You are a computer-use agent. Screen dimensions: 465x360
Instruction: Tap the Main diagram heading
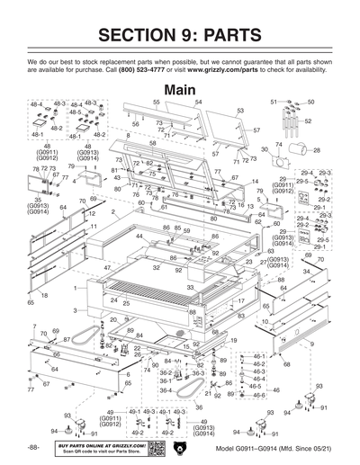[x=180, y=90]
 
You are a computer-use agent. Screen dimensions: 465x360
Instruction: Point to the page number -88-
[x=32, y=447]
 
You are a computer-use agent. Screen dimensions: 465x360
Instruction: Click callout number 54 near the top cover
[x=198, y=103]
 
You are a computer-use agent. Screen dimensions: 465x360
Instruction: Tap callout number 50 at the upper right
[x=310, y=103]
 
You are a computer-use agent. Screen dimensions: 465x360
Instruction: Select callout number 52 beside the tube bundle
[x=308, y=121]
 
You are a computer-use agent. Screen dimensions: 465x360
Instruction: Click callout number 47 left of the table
[x=106, y=268]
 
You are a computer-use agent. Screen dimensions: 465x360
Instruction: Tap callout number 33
[x=190, y=287]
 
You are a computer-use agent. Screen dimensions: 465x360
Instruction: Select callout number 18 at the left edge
[x=43, y=295]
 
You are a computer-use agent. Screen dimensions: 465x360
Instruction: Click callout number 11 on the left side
[x=93, y=227]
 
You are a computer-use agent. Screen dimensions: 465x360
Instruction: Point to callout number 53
[x=240, y=111]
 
